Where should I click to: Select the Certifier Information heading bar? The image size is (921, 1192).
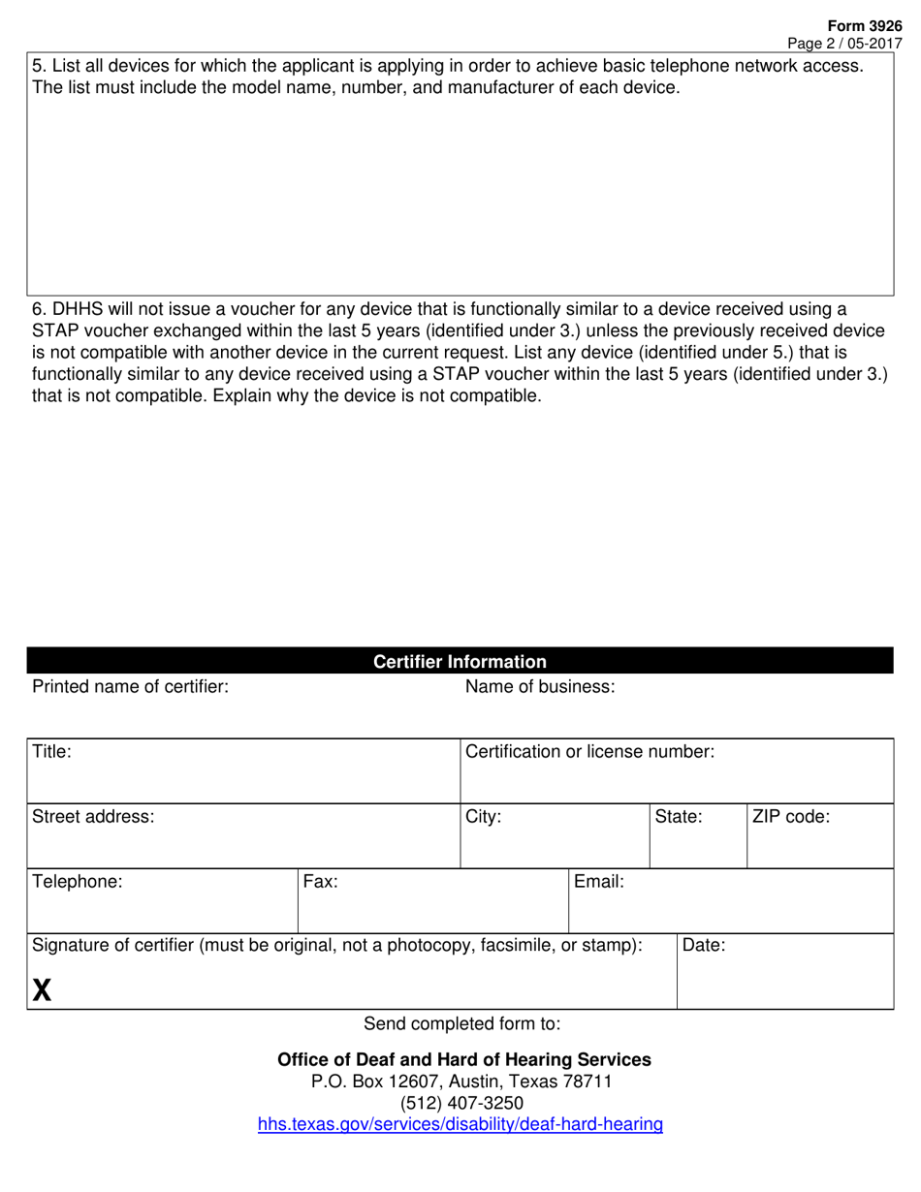tap(460, 662)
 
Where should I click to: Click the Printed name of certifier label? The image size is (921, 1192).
tap(131, 687)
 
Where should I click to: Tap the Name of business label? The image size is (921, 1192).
tap(540, 687)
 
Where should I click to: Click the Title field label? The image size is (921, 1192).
tap(52, 751)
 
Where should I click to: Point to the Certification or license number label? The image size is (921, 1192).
tap(590, 751)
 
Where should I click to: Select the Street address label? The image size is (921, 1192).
tap(93, 816)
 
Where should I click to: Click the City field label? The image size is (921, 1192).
tap(484, 816)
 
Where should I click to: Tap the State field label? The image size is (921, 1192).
tap(679, 816)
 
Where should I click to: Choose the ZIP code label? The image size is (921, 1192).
tap(791, 816)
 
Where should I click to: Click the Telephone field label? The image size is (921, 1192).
tap(78, 882)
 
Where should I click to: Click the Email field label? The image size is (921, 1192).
tap(599, 882)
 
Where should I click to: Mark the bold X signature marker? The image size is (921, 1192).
tap(42, 989)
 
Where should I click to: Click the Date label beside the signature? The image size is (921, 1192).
tap(705, 945)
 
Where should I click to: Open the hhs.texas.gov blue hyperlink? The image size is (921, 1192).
tap(460, 1125)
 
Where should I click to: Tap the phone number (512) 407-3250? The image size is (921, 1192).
tap(460, 1103)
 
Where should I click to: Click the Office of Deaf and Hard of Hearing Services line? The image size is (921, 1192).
tap(464, 1059)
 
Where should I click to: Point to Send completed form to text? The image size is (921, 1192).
tap(461, 1023)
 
